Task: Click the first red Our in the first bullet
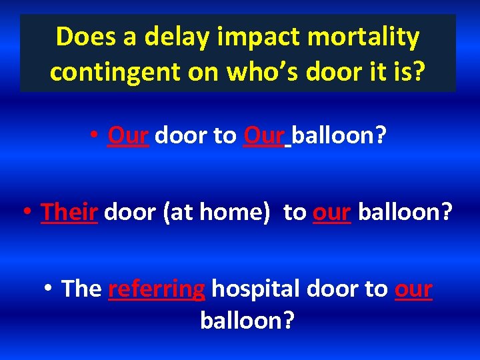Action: pos(128,135)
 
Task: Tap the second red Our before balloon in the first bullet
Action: pos(265,135)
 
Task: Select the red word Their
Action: pos(69,212)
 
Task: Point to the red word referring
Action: pos(156,289)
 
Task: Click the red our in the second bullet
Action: pos(332,212)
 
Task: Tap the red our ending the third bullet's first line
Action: pos(414,289)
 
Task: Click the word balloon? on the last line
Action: pos(247,320)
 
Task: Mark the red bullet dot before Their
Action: pos(27,213)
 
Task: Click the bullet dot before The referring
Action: pos(48,289)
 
